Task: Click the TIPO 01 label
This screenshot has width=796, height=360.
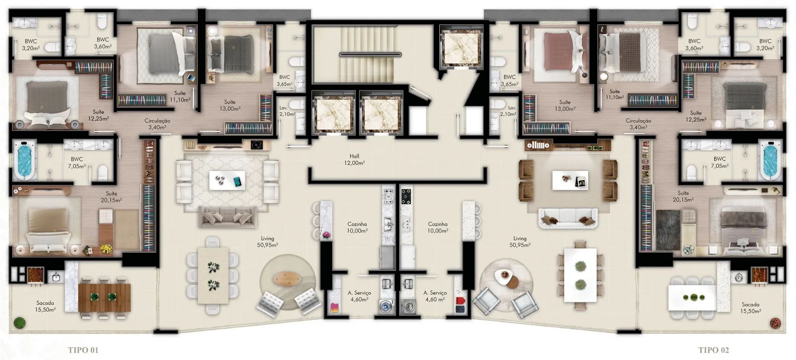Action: pos(83,350)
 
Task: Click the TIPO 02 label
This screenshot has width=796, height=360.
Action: pos(713,350)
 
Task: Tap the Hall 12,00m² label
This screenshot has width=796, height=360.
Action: pos(354,160)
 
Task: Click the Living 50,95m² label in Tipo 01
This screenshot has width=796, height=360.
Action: pos(267,241)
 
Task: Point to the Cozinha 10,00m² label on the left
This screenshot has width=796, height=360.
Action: pos(357,227)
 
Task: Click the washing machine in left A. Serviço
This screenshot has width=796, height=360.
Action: pos(386,307)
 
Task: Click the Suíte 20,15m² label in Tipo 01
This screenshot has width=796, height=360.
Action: pos(111,197)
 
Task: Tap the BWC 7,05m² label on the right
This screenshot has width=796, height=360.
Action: pos(720,162)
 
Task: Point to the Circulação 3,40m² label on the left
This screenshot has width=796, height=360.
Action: pos(157,124)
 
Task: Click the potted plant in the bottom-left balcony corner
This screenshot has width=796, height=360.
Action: pos(18,322)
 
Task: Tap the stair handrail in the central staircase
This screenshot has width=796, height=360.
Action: pos(370,54)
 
